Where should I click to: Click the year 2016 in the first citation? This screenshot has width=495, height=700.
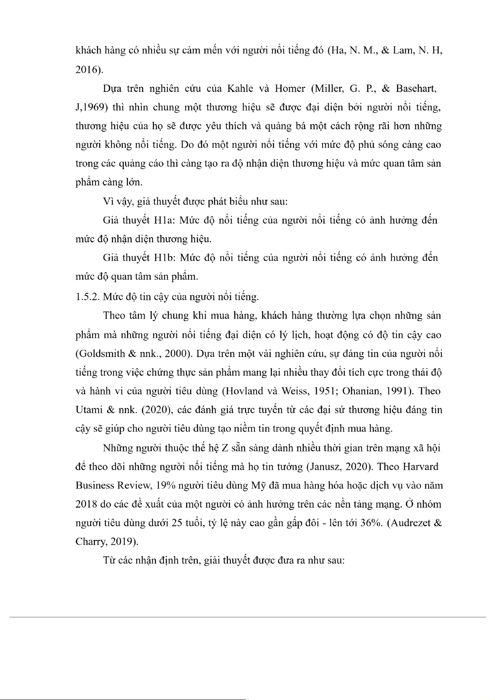click(86, 70)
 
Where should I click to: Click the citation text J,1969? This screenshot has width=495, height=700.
click(90, 108)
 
